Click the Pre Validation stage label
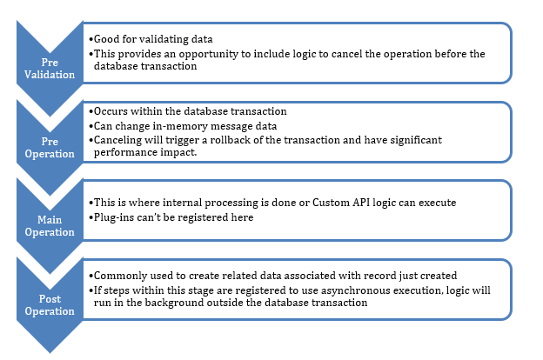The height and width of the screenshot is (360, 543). pyautogui.click(x=50, y=69)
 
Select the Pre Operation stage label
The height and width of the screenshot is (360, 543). pyautogui.click(x=50, y=148)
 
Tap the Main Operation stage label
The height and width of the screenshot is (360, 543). pyautogui.click(x=50, y=226)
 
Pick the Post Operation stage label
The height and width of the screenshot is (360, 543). pyautogui.click(x=50, y=305)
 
